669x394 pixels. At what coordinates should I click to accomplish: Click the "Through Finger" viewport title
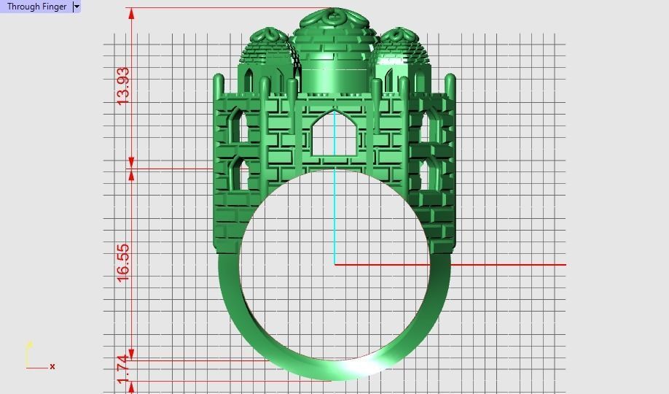[x=36, y=7]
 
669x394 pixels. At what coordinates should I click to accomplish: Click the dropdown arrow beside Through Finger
[x=77, y=7]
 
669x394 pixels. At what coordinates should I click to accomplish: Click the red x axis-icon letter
[x=52, y=366]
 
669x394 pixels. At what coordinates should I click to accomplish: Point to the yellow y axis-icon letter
[x=29, y=344]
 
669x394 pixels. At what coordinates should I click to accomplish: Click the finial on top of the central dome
[x=333, y=15]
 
